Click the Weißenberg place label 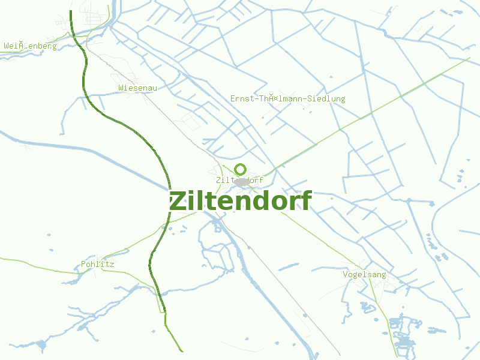point(30,46)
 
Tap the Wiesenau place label point(137,88)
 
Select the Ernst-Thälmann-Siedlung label point(287,98)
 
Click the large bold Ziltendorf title point(240,201)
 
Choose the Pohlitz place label point(97,264)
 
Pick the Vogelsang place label point(364,274)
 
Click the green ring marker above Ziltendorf point(240,169)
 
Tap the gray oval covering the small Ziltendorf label point(241,181)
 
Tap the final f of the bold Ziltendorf point(306,200)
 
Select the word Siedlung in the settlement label point(328,98)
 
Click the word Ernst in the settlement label point(242,98)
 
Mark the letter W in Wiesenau point(121,88)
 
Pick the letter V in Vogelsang point(345,274)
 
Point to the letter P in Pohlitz point(83,264)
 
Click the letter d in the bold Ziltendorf point(256,201)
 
